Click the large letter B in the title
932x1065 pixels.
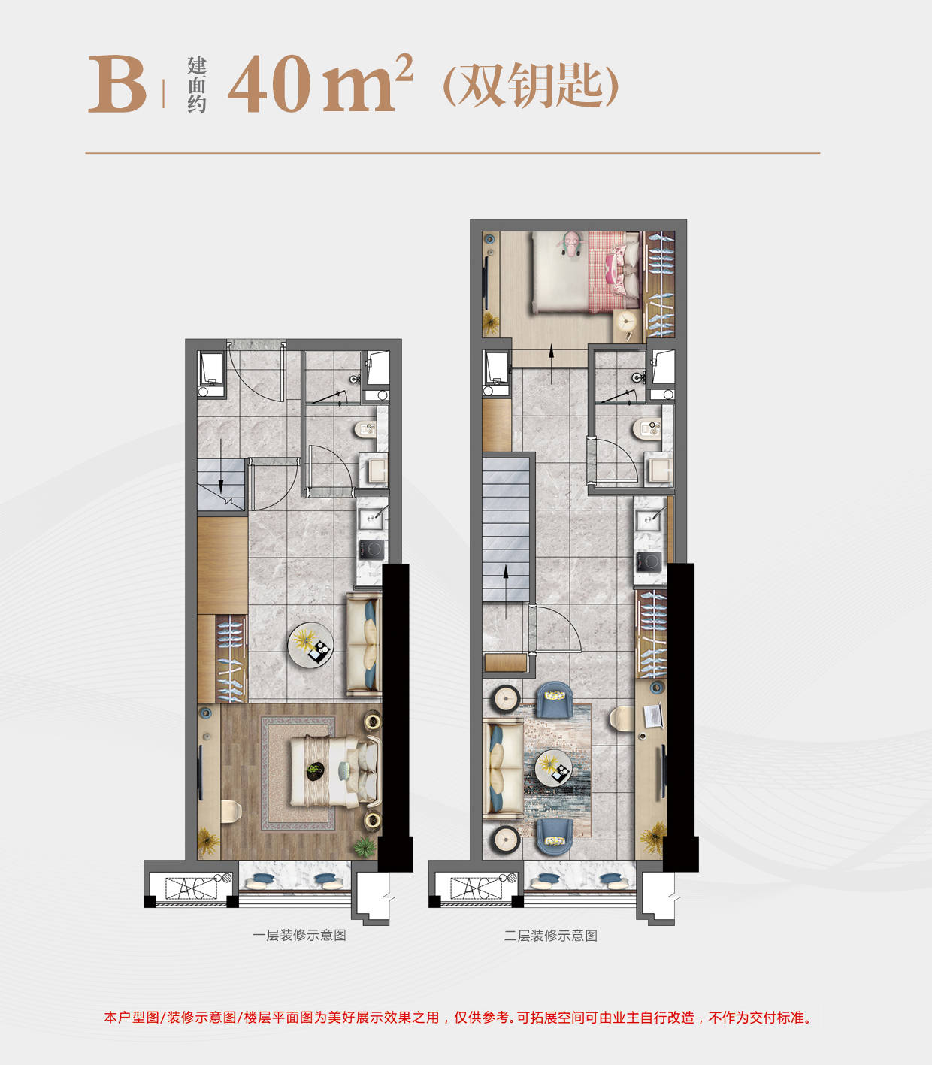click(117, 84)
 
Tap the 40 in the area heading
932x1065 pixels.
click(270, 83)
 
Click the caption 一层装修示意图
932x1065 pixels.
click(299, 936)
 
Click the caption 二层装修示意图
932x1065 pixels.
click(551, 936)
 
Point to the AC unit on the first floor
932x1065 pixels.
click(191, 888)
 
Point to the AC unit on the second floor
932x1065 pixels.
click(477, 888)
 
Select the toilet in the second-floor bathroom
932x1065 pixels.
click(647, 429)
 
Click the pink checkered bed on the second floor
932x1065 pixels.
click(586, 272)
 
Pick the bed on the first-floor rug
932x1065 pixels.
click(334, 770)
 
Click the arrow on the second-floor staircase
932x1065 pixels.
click(505, 591)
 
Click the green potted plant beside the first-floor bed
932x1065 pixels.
click(365, 846)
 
